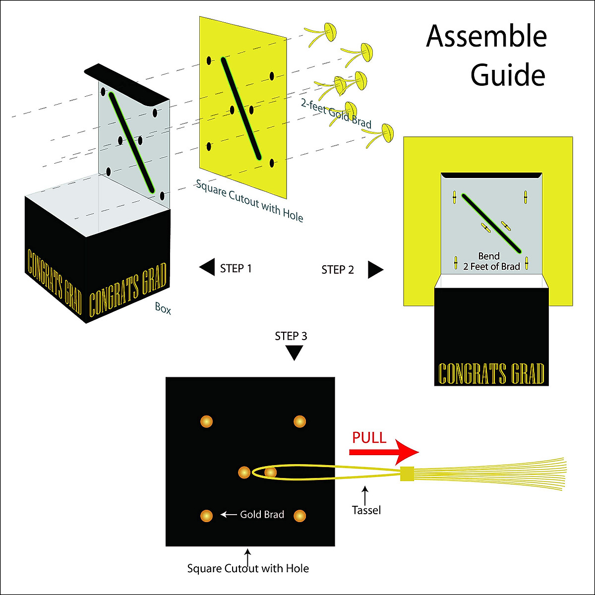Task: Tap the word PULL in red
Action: click(369, 437)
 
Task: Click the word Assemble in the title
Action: click(486, 36)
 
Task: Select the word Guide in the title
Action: click(508, 75)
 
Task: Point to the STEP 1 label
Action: click(236, 268)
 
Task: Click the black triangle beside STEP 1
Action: click(207, 267)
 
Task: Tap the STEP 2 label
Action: click(338, 270)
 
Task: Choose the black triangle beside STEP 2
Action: click(375, 270)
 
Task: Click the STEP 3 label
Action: click(291, 336)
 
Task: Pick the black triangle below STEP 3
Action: click(294, 352)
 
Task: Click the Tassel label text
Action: click(366, 510)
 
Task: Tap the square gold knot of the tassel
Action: click(407, 474)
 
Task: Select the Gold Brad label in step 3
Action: click(262, 515)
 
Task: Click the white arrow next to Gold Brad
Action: click(229, 515)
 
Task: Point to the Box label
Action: click(163, 308)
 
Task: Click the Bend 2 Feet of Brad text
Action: click(491, 261)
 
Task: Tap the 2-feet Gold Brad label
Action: click(336, 114)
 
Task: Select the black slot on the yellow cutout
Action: click(241, 109)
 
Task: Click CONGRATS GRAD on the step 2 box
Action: click(491, 374)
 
